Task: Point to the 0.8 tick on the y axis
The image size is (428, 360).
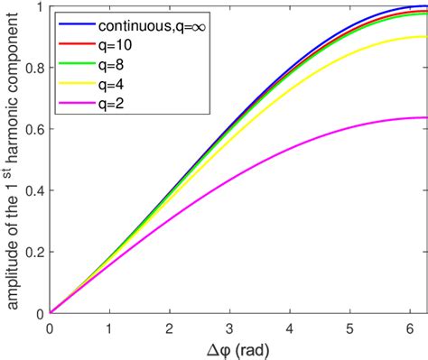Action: [x=36, y=69]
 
